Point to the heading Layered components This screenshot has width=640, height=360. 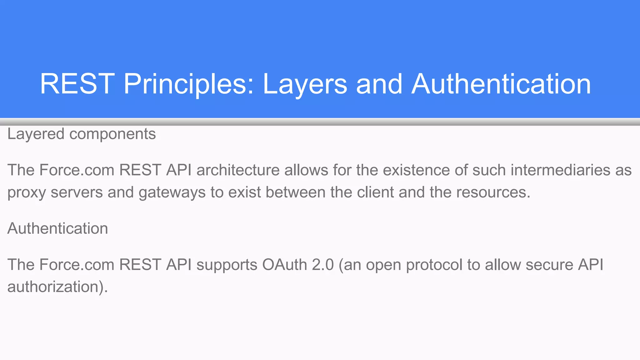click(x=81, y=134)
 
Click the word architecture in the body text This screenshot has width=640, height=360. click(x=238, y=170)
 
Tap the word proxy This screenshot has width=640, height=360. click(x=27, y=192)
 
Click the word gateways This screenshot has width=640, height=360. click(x=172, y=192)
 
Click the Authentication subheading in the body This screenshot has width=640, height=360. click(x=57, y=228)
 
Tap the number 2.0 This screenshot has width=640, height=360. click(x=323, y=265)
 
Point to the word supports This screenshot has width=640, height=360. click(x=227, y=265)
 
